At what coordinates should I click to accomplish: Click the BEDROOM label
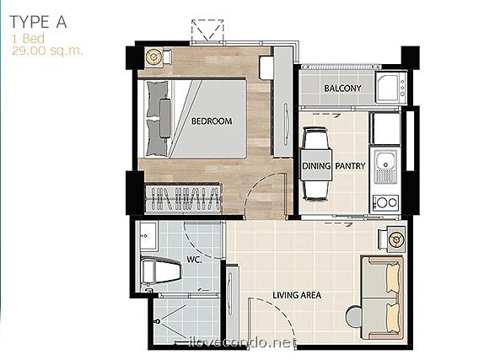pyautogui.click(x=212, y=121)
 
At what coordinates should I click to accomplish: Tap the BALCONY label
pyautogui.click(x=342, y=89)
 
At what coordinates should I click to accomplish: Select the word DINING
pyautogui.click(x=316, y=166)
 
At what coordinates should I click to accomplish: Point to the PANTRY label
pyautogui.click(x=350, y=166)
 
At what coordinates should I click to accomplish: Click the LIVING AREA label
pyautogui.click(x=297, y=295)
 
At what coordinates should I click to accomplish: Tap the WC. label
pyautogui.click(x=194, y=260)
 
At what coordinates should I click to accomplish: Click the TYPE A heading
pyautogui.click(x=38, y=22)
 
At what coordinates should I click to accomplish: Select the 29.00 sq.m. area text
pyautogui.click(x=47, y=51)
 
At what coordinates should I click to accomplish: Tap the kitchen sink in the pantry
pyautogui.click(x=386, y=165)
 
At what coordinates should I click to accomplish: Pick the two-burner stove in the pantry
pyautogui.click(x=386, y=202)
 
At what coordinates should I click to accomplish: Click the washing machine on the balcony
pyautogui.click(x=391, y=87)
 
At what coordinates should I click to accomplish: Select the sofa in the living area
pyautogui.click(x=382, y=297)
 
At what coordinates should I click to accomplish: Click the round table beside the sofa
pyautogui.click(x=355, y=316)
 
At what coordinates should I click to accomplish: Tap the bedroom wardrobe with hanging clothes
pyautogui.click(x=183, y=197)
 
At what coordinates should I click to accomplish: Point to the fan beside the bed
pyautogui.click(x=153, y=57)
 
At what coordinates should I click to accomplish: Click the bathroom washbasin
pyautogui.click(x=148, y=235)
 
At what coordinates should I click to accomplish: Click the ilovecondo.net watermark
pyautogui.click(x=243, y=342)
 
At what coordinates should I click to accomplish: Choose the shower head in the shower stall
pyautogui.click(x=158, y=321)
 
